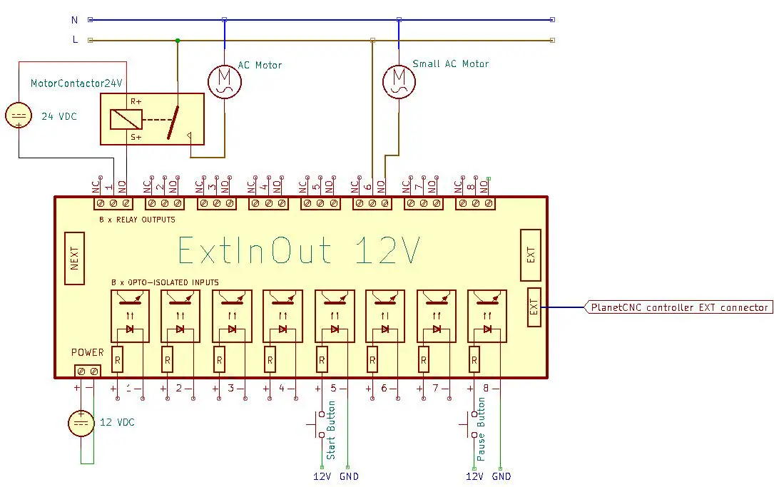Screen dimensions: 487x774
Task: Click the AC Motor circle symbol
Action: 225,81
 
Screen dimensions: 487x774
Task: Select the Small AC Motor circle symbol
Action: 399,81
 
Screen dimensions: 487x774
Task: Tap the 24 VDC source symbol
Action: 19,116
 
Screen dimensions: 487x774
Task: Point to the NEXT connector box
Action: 74,257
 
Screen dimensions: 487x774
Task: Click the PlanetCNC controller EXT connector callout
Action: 678,307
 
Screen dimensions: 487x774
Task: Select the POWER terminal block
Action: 87,370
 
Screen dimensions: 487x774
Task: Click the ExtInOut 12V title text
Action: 298,250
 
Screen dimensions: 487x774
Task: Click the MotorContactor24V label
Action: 76,83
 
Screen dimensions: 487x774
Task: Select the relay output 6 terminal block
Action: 372,203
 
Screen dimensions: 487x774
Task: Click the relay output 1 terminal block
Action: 113,203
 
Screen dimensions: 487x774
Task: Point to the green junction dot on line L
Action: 177,41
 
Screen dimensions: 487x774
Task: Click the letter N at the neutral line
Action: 75,20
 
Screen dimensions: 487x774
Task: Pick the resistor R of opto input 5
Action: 322,361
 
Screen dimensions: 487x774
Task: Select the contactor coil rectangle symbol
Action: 126,119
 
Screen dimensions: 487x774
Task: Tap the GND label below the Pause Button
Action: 501,476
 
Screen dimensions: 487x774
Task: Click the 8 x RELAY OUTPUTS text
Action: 137,220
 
